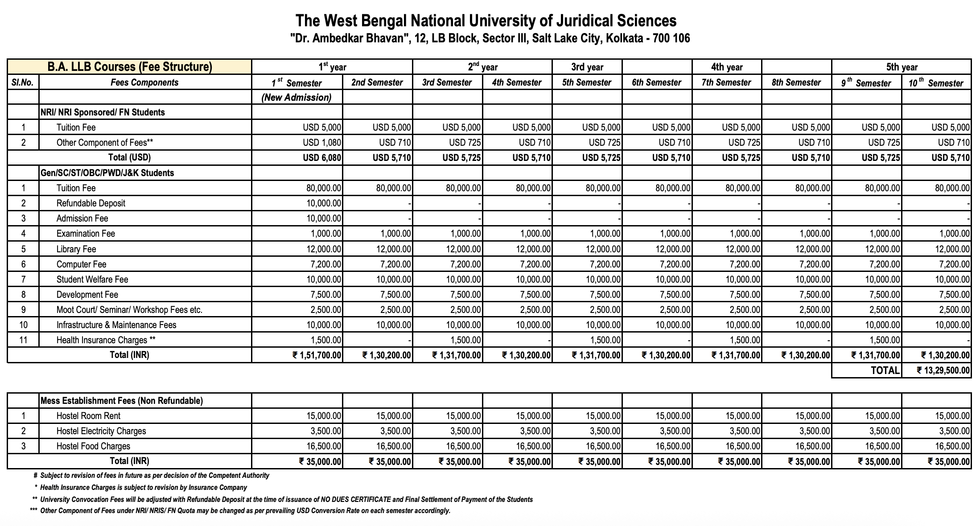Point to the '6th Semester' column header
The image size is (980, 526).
[x=656, y=82]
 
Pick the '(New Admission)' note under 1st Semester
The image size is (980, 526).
[x=296, y=98]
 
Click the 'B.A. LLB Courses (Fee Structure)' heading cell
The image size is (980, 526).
[x=130, y=67]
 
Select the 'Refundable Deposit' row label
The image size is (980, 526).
[x=91, y=203]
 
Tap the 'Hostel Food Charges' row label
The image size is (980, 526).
[x=93, y=446]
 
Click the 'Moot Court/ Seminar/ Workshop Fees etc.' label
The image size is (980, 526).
[x=129, y=310]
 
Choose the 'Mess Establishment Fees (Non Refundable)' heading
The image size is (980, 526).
[x=122, y=401]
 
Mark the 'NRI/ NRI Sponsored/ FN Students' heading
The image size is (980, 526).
[x=103, y=112]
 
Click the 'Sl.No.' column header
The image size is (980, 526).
[x=23, y=82]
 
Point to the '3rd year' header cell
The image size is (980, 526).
[x=587, y=67]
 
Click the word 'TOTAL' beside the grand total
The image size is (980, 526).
[x=885, y=370]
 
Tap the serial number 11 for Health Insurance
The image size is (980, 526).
[x=23, y=340]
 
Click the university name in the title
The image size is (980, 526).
[x=486, y=21]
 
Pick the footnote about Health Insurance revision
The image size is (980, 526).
[x=143, y=488]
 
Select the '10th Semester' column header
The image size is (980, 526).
[x=936, y=83]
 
